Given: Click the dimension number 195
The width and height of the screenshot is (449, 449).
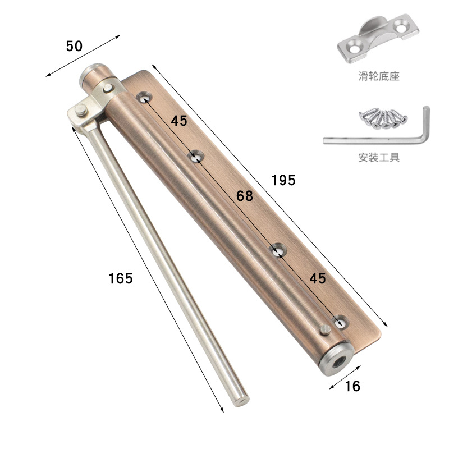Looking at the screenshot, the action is [283, 180].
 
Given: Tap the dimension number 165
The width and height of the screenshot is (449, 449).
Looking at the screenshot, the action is [121, 278].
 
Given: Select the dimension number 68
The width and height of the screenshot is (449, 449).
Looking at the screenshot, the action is [245, 196].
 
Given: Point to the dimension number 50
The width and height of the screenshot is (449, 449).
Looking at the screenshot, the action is [74, 46].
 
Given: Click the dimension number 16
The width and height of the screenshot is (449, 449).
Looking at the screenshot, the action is [352, 386].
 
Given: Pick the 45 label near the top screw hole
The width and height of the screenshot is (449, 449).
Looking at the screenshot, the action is [179, 121].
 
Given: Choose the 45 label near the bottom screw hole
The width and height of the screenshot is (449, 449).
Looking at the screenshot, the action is [318, 278].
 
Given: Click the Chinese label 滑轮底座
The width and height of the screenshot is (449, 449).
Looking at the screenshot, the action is [379, 76].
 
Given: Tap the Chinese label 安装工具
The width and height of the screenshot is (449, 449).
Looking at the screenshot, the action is [379, 157].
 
